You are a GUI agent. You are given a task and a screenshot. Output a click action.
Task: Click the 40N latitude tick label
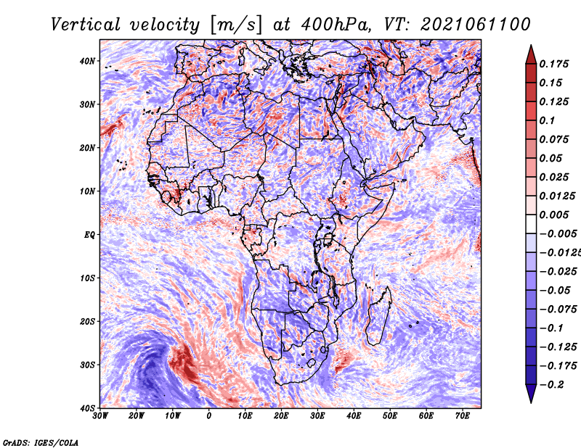pyautogui.click(x=87, y=61)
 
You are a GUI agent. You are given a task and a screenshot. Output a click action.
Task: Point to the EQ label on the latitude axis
pyautogui.click(x=89, y=235)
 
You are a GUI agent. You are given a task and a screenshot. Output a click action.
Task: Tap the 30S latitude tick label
pyautogui.click(x=87, y=365)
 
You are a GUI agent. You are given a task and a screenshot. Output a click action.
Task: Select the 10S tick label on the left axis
pyautogui.click(x=87, y=278)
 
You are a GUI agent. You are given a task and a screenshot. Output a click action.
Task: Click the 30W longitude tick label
pyautogui.click(x=100, y=416)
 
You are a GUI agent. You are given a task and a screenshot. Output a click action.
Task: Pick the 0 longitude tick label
pyautogui.click(x=209, y=416)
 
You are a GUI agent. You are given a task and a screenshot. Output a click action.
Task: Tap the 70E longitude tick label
pyautogui.click(x=462, y=416)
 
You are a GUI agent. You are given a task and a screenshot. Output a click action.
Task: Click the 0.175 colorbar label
pyautogui.click(x=553, y=65)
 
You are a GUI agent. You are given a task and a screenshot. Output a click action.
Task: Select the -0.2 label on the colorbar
pyautogui.click(x=551, y=385)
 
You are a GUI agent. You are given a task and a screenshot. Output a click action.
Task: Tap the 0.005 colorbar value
pyautogui.click(x=553, y=215)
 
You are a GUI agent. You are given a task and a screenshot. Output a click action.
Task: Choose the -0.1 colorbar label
pyautogui.click(x=551, y=328)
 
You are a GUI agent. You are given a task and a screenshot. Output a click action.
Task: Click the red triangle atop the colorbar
pyautogui.click(x=531, y=56)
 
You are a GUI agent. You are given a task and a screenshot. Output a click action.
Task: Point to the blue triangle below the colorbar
pyautogui.click(x=531, y=393)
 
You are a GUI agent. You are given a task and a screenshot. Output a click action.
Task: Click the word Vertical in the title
pyautogui.click(x=85, y=25)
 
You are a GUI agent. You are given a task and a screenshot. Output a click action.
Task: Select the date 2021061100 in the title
pyautogui.click(x=476, y=25)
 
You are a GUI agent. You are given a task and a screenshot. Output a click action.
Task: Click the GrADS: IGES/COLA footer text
pyautogui.click(x=41, y=443)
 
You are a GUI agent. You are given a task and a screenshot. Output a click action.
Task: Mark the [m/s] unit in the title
pyautogui.click(x=236, y=25)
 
